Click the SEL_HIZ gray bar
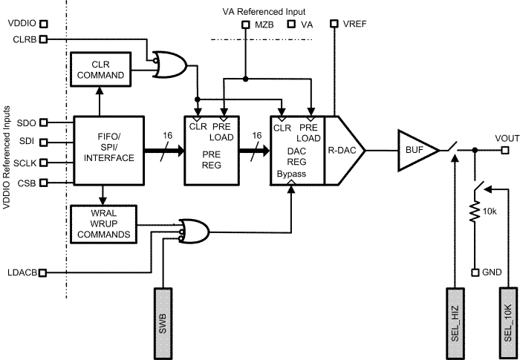tap(455, 312)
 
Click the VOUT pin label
tap(507, 138)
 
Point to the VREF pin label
tap(354, 24)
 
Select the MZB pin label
tap(264, 24)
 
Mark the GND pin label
tap(492, 272)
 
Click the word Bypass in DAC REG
tap(290, 172)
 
